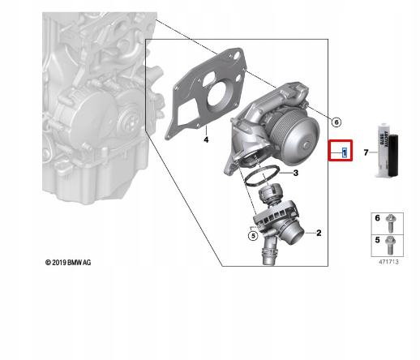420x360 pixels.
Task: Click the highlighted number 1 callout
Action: [345, 152]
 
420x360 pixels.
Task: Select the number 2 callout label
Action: [319, 233]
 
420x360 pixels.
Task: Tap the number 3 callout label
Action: [296, 173]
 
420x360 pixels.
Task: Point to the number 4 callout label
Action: [206, 140]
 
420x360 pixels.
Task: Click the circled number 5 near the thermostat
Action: [252, 236]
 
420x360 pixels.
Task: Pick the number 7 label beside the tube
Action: [366, 152]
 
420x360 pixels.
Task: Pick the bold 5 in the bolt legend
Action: [376, 241]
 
